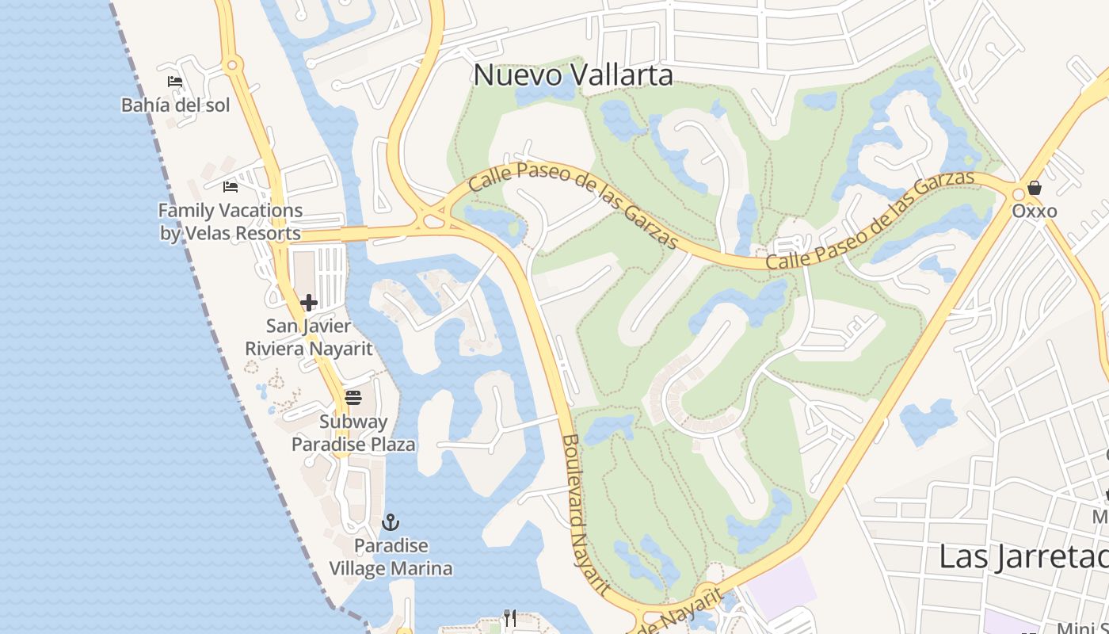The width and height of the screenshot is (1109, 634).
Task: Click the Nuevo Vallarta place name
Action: (x=573, y=75)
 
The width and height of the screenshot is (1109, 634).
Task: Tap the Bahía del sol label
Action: (x=175, y=105)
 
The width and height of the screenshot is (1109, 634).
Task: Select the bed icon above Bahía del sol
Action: (x=175, y=82)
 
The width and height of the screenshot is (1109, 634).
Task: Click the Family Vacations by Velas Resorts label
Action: (x=231, y=222)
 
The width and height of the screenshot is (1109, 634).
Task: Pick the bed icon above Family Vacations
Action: (x=231, y=187)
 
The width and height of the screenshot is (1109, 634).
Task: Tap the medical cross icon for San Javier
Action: (x=309, y=303)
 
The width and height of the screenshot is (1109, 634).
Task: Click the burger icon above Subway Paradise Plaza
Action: (x=353, y=397)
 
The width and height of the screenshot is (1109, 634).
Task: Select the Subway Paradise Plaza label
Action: (x=353, y=433)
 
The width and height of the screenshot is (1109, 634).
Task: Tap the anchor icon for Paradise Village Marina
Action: (x=390, y=522)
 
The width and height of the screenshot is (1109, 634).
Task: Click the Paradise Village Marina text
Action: (x=391, y=557)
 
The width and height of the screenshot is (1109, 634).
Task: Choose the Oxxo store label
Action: (x=1034, y=212)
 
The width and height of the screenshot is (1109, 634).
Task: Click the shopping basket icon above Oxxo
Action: (x=1034, y=189)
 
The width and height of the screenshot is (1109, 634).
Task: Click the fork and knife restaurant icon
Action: (x=510, y=617)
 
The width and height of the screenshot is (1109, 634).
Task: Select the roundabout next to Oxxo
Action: (x=1018, y=194)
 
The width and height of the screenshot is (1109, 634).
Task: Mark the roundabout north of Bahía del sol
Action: (x=231, y=66)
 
